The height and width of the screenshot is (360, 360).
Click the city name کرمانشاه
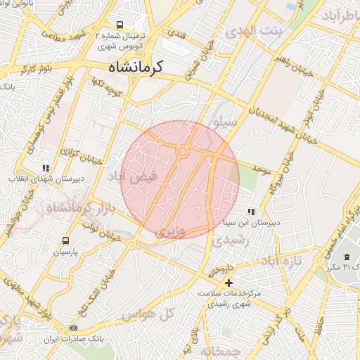point(136,67)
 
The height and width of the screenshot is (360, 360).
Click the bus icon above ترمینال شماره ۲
point(120,24)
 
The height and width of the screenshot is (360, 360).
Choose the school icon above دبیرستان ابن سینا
point(250,212)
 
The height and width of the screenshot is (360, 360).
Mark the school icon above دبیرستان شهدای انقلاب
point(46,168)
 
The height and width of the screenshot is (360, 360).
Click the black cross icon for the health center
point(227,283)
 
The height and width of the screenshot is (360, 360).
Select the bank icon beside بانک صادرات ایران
point(74,328)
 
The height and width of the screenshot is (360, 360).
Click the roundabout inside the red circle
point(182,151)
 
